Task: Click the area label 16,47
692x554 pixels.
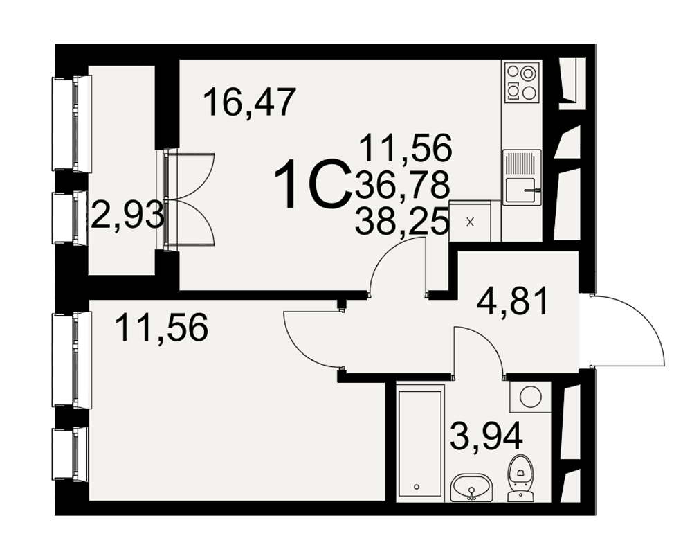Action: (x=249, y=102)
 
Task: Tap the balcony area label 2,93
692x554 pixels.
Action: (x=127, y=215)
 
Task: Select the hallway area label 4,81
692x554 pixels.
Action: (x=513, y=301)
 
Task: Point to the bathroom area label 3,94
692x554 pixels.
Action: (x=486, y=435)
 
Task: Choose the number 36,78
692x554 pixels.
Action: (x=402, y=185)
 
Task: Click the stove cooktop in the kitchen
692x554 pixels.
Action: (x=522, y=82)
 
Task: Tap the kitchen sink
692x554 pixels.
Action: (x=522, y=177)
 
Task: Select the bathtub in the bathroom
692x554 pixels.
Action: (x=420, y=443)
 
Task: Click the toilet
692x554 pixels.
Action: (x=520, y=478)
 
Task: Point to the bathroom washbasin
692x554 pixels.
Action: (x=471, y=488)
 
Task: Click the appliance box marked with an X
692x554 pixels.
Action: (x=470, y=222)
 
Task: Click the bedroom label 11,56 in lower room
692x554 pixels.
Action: (x=161, y=328)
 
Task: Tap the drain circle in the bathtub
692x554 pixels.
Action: (x=417, y=487)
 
